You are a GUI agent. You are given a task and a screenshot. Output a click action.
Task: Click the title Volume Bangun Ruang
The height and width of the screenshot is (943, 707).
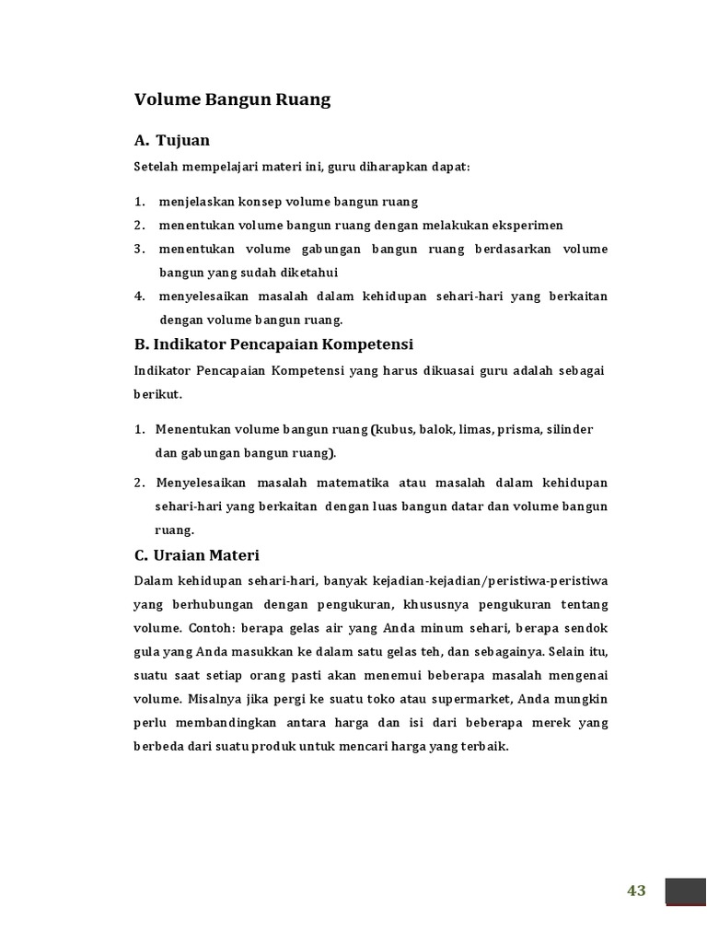232,100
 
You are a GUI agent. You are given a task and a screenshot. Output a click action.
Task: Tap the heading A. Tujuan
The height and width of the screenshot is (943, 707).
172,140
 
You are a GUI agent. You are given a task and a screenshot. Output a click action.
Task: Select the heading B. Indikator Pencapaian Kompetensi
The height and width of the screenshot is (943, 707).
273,344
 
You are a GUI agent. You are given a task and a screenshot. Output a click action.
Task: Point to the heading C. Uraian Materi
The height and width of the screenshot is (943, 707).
196,555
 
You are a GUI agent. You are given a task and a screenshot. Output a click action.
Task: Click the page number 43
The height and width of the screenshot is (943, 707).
636,891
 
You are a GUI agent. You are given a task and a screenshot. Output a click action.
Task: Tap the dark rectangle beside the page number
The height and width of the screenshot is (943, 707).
685,891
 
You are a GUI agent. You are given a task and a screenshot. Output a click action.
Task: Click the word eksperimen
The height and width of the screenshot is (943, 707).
527,226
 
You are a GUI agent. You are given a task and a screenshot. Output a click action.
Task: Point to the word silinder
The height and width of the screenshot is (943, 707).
571,430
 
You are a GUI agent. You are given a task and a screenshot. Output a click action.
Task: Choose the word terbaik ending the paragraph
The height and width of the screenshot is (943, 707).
486,747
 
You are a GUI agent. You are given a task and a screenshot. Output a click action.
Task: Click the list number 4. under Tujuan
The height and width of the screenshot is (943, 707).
139,297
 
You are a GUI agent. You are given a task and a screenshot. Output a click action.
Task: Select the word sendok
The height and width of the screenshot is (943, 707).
587,627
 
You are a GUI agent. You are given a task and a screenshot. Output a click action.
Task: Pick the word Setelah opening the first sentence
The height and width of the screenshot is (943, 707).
157,168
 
